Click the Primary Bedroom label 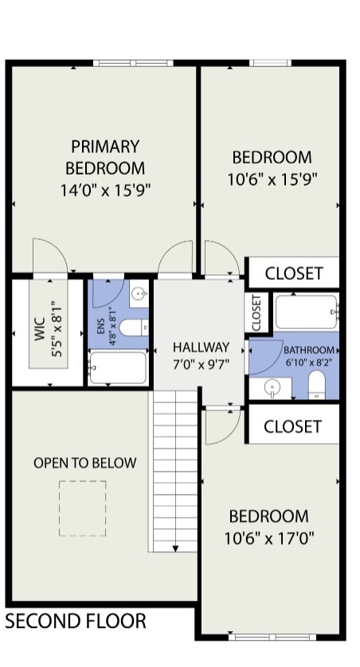click(x=105, y=158)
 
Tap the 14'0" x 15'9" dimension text click(x=105, y=190)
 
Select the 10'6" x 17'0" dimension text click(x=269, y=539)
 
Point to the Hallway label click(x=201, y=347)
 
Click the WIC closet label click(x=40, y=329)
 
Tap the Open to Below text click(x=85, y=463)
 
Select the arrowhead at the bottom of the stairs click(x=175, y=548)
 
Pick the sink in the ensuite click(x=139, y=293)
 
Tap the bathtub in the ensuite click(x=118, y=367)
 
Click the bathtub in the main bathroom click(x=307, y=312)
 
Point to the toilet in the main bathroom click(x=316, y=385)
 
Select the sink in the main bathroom click(x=271, y=388)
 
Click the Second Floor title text click(x=76, y=621)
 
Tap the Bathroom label click(x=309, y=350)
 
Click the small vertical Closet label click(x=256, y=312)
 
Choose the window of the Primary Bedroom click(x=133, y=63)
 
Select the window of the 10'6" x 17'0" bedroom click(x=272, y=638)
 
